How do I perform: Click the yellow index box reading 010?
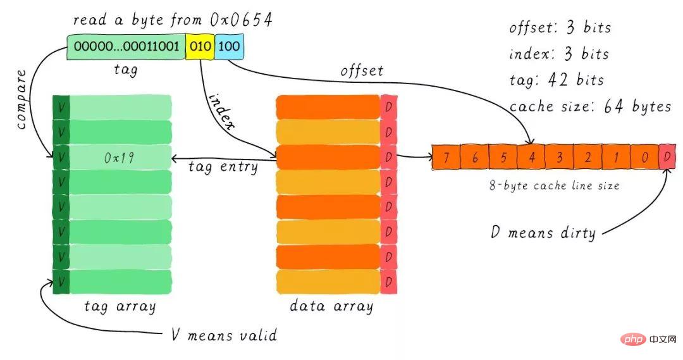pos(200,46)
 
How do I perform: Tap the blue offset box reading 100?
pos(229,46)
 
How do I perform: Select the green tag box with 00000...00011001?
pos(126,46)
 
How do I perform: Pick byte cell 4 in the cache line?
pos(531,157)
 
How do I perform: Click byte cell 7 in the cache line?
pos(446,157)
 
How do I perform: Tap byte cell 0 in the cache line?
pos(644,157)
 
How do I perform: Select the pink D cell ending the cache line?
pos(667,157)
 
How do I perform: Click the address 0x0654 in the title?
pos(241,20)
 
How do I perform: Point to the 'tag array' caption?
pos(120,306)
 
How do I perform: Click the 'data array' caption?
pos(331,306)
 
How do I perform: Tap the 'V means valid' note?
pos(224,335)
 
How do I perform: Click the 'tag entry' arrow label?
pos(223,168)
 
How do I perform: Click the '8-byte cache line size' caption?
pos(554,185)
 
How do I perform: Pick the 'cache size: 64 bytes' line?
pos(590,106)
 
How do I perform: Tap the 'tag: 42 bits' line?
pos(557,80)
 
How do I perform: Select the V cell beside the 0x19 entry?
pos(61,157)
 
